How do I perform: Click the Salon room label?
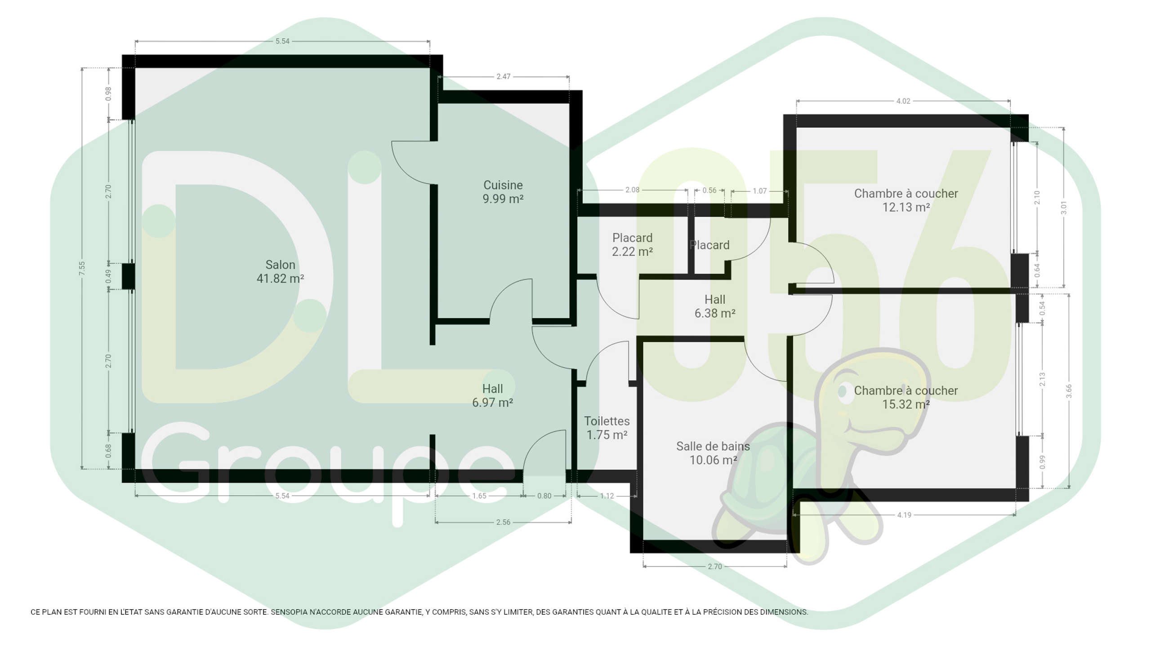(x=280, y=271)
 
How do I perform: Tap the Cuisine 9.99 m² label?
(x=503, y=192)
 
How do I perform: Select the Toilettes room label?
(x=607, y=428)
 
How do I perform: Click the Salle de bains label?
(x=713, y=453)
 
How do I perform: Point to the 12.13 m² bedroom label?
(x=906, y=200)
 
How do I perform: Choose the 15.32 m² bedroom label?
(x=906, y=397)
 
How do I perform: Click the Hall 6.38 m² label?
(x=715, y=306)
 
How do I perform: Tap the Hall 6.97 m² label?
(x=492, y=395)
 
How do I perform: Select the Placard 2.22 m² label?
(x=632, y=244)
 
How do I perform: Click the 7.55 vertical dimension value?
(x=82, y=268)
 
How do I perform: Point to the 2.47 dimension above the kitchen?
(x=504, y=77)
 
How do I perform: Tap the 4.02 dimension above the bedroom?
(x=903, y=101)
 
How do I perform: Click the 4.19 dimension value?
(x=904, y=515)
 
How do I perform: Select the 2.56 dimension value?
(x=503, y=522)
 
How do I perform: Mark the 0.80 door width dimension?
(x=544, y=496)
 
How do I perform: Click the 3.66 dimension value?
(x=1069, y=391)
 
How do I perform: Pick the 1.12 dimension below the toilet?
(x=607, y=496)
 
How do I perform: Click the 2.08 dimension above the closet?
(x=632, y=190)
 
